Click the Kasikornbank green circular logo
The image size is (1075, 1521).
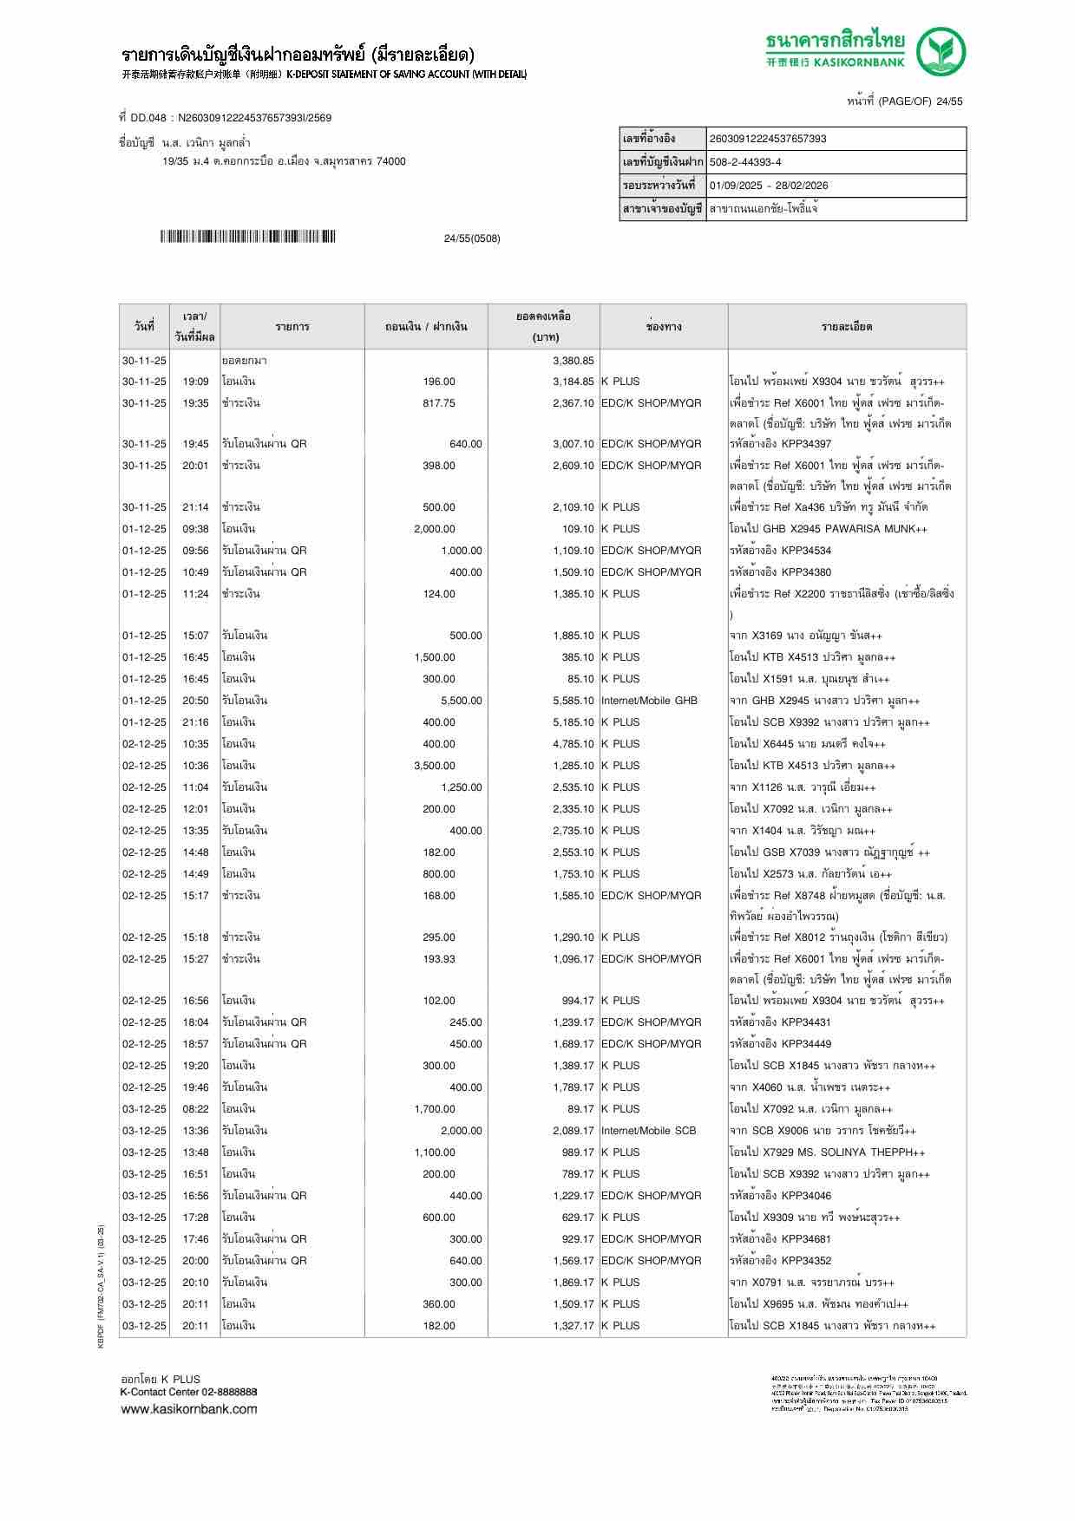point(942,51)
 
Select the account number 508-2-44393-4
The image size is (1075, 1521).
point(745,162)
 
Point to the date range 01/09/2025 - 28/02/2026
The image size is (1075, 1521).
point(768,186)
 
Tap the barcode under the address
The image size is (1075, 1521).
point(247,237)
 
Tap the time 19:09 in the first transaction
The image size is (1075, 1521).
point(195,382)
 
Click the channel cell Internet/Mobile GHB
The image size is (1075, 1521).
point(649,701)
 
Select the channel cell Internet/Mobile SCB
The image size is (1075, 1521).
point(648,1131)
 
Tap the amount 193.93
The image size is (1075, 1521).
point(438,959)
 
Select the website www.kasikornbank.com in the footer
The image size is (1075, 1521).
point(188,1409)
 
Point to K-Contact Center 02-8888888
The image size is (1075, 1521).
point(188,1392)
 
